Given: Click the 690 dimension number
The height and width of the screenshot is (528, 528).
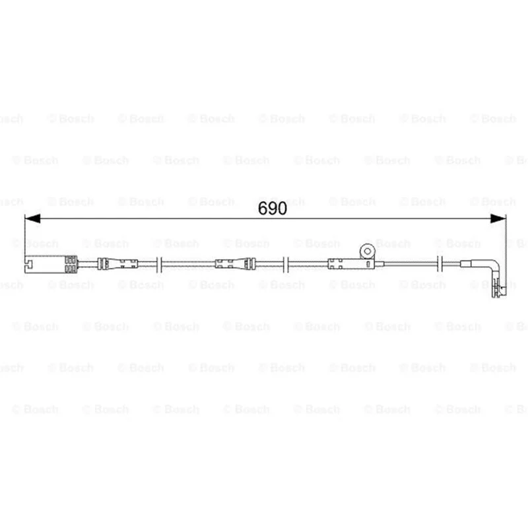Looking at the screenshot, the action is pos(273,209).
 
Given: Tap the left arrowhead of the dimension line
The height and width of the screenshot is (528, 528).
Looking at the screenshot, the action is pos(32,218).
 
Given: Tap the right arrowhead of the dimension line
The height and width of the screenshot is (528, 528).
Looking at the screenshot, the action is pos(498,218).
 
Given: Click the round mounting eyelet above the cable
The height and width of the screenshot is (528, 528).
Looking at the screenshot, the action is pos(368,251).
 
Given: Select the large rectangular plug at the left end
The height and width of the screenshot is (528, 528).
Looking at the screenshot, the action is pos(51,264).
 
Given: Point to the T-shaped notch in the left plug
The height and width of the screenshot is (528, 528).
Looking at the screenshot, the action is pos(28,264).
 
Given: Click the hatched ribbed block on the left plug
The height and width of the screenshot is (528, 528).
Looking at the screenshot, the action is pos(71,264).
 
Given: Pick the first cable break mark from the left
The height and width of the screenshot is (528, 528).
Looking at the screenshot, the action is pos(159,264).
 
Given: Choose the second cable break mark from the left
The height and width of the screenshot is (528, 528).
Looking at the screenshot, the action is pos(286,264).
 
